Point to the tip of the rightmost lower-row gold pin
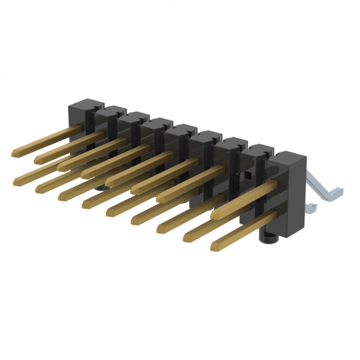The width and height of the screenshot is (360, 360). click(x=215, y=246)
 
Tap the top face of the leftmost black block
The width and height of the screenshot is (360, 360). click(x=84, y=105)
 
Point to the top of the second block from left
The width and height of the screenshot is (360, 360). click(x=109, y=111)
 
